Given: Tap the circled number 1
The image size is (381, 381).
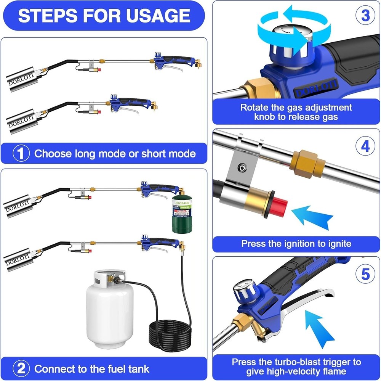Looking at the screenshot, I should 21,153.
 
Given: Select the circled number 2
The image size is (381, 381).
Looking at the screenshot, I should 21,368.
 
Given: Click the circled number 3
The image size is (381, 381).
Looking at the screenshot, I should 365,16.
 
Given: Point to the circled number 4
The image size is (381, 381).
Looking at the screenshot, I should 365,146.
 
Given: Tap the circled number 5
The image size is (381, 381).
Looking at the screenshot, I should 365,274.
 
